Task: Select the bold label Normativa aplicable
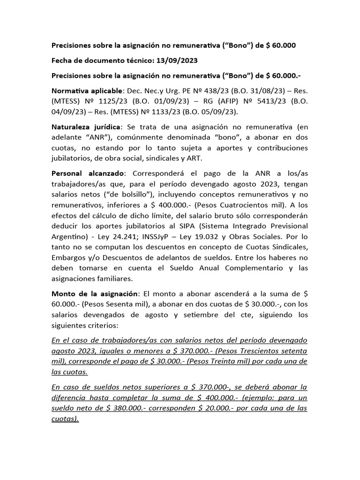[86, 90]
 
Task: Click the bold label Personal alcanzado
[84, 173]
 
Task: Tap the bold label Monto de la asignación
[95, 293]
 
